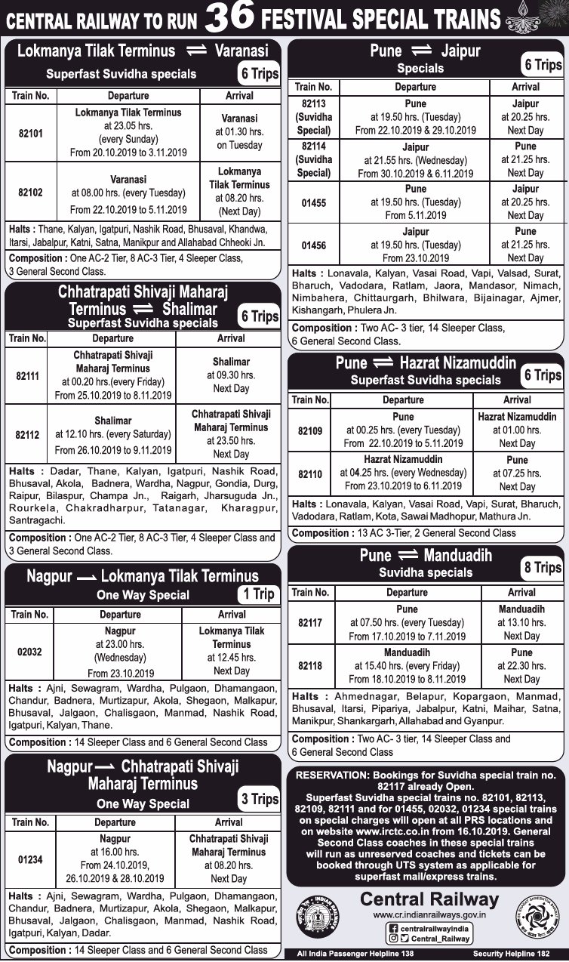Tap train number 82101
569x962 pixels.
tap(29, 133)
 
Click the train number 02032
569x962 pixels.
tap(29, 652)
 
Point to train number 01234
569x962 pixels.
tap(29, 859)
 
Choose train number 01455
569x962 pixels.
tap(313, 202)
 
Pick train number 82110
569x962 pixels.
tap(309, 473)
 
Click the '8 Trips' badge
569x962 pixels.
tap(542, 568)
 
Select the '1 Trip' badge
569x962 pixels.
tap(257, 594)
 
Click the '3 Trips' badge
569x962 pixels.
tap(259, 799)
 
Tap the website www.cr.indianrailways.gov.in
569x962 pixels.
tap(429, 914)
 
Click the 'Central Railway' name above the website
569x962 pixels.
tap(429, 899)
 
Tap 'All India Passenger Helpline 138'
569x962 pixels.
tap(355, 954)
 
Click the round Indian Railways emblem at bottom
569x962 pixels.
tap(317, 916)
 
